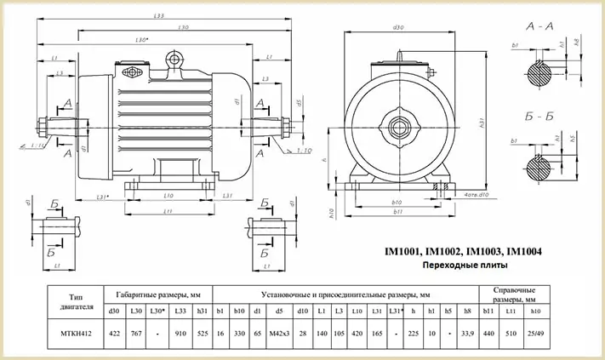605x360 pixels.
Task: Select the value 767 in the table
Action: (137, 334)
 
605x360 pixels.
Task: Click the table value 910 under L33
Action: (180, 334)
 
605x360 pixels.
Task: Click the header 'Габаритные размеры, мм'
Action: (158, 292)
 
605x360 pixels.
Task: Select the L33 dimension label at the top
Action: (158, 16)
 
